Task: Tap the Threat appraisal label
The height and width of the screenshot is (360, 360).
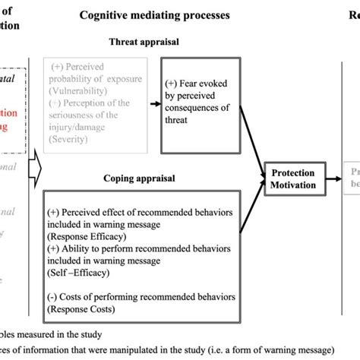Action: click(144, 42)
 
